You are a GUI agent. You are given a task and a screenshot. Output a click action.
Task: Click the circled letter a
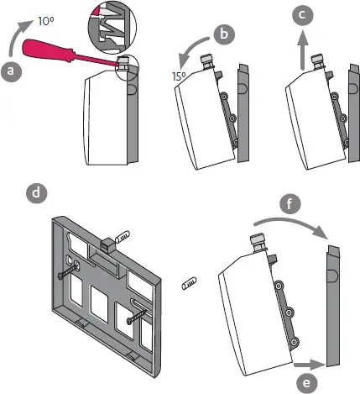[11, 72]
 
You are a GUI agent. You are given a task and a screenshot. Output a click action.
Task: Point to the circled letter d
[36, 192]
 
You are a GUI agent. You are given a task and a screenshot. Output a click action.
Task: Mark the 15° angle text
[178, 76]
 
